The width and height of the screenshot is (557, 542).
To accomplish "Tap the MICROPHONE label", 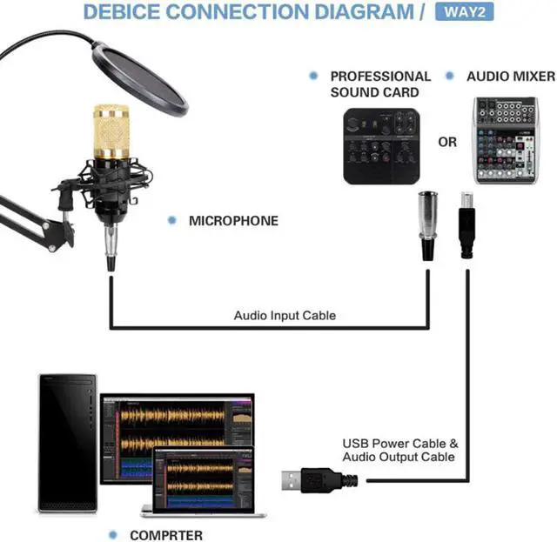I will (x=233, y=221).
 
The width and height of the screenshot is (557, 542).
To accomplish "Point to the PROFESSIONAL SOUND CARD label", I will (x=380, y=84).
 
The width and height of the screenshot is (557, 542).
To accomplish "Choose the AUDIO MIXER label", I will (x=510, y=77).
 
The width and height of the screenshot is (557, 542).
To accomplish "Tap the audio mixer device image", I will (x=506, y=140).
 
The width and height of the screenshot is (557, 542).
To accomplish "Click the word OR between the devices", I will (x=447, y=142).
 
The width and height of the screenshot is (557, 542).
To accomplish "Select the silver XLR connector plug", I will (x=428, y=224).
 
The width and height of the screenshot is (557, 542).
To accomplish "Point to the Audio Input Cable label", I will (x=285, y=315).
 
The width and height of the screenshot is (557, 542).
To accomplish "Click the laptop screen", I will (x=202, y=481).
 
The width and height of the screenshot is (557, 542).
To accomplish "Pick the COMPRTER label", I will (x=166, y=535).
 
